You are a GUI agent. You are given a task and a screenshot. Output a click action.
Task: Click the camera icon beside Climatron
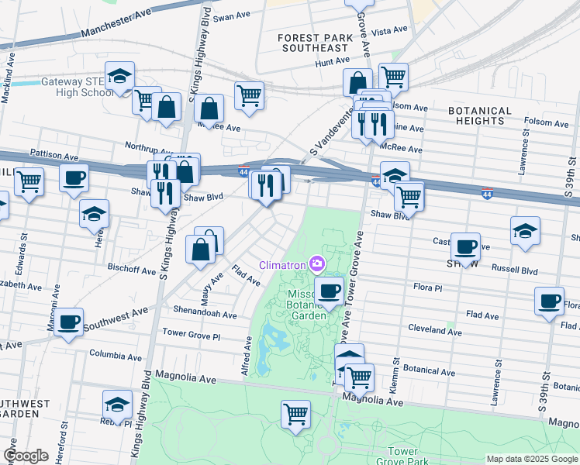[316, 266]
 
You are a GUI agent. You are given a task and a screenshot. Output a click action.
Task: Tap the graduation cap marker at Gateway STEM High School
[120, 77]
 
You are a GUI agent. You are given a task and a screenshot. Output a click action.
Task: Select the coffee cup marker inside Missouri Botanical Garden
[329, 291]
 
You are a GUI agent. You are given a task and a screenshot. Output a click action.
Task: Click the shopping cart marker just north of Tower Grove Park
[295, 415]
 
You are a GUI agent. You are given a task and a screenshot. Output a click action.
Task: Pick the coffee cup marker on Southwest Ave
[67, 322]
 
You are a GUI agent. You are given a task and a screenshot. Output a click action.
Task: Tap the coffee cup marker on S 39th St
[549, 301]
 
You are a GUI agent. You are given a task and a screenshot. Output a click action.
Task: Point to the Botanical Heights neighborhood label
[480, 115]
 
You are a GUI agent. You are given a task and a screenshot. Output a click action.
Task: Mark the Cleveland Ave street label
[435, 331]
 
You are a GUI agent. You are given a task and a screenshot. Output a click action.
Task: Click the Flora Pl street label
[427, 287]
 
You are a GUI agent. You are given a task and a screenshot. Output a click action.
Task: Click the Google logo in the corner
[26, 456]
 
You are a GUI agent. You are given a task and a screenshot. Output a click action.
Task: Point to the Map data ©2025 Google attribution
[532, 459]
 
